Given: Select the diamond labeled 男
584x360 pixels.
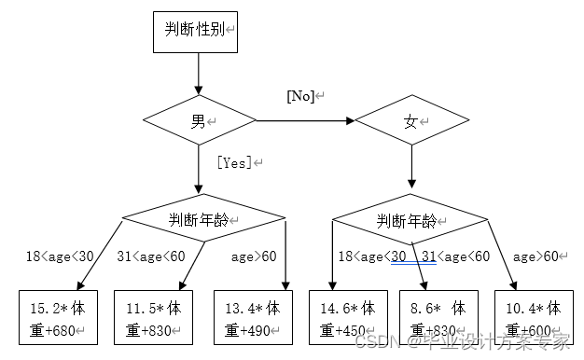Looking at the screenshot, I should coord(199,120).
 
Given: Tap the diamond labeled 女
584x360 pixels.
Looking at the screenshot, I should coord(410,121).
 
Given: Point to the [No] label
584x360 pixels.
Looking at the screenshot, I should coord(302,96).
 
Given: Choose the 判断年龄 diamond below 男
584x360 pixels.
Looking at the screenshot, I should coord(203,219).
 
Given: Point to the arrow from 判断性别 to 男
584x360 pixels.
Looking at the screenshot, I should coord(197,73).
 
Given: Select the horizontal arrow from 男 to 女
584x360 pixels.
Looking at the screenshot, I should coord(304,120).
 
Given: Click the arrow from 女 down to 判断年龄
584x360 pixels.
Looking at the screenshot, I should coord(410,171).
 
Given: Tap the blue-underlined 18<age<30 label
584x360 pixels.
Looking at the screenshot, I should coord(371,256).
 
